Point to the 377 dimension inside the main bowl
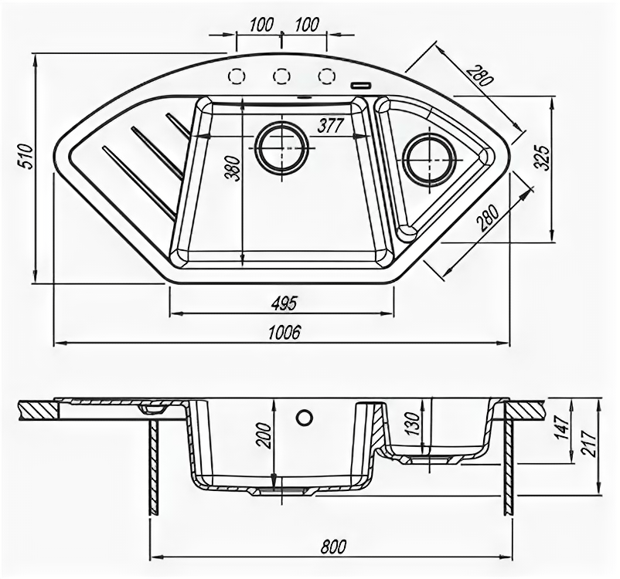329,127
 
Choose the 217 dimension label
608,442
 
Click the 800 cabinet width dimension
331,546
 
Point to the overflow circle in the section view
304,417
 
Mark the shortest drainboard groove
179,126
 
